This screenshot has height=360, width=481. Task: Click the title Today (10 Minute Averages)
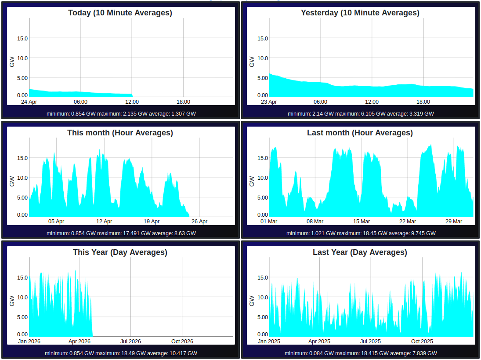(120, 13)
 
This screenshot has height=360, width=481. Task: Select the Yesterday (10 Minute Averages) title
(360, 13)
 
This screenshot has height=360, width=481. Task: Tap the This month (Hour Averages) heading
(120, 133)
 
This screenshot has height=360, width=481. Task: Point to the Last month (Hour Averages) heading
(360, 133)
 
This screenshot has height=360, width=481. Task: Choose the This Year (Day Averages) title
(120, 252)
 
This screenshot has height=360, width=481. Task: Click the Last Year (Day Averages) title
(360, 252)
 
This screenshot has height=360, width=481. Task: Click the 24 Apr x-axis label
(29, 102)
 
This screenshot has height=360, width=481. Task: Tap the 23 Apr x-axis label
(269, 102)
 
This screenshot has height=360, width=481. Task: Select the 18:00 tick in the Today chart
(183, 102)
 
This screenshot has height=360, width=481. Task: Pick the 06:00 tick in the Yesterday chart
(321, 102)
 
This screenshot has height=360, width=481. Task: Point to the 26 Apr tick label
(199, 222)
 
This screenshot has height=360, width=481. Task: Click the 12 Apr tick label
(104, 222)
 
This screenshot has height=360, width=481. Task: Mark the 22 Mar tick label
(408, 222)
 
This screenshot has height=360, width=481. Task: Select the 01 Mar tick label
(269, 222)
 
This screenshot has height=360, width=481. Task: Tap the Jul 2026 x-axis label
(130, 342)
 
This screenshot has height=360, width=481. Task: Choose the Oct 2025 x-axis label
(422, 342)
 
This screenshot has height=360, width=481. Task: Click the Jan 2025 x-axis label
(269, 342)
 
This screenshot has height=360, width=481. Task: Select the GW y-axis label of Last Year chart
(252, 301)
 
